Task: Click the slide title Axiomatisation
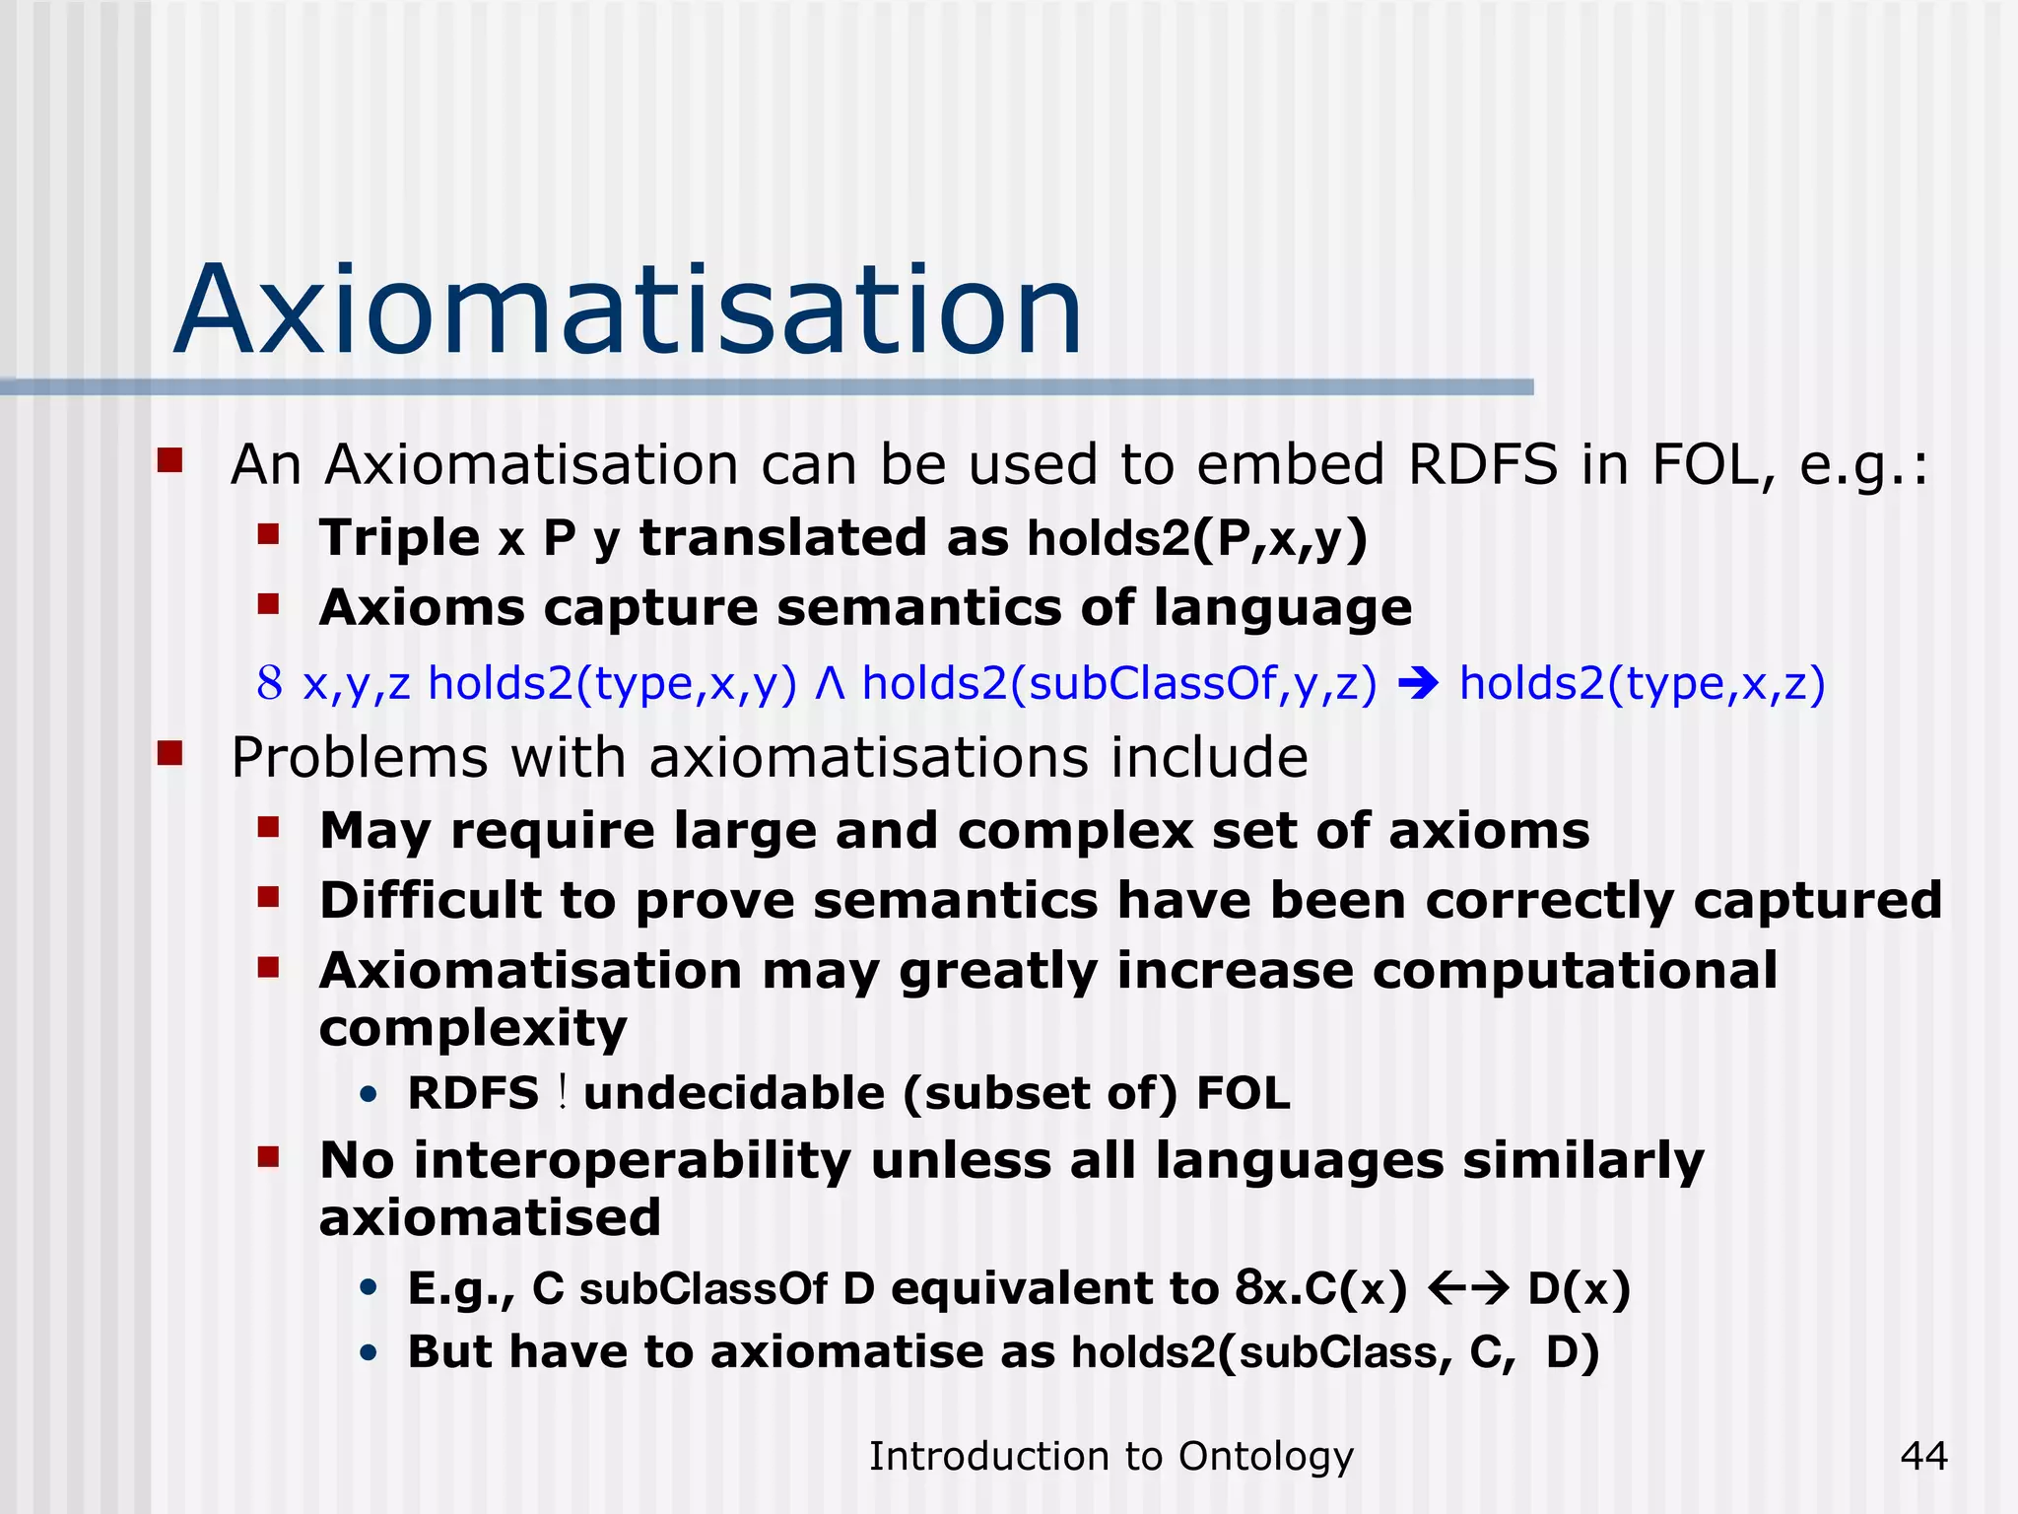[x=629, y=310]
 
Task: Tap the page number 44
[x=1923, y=1456]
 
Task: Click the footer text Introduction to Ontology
[x=1110, y=1456]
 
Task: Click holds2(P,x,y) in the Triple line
[x=1196, y=539]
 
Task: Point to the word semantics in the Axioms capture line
[x=918, y=607]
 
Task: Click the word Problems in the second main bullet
[x=359, y=758]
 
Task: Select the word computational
[x=1575, y=971]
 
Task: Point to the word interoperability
[x=632, y=1161]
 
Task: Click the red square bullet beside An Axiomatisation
[x=170, y=460]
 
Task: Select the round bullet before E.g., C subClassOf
[x=369, y=1288]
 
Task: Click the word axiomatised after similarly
[x=490, y=1218]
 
